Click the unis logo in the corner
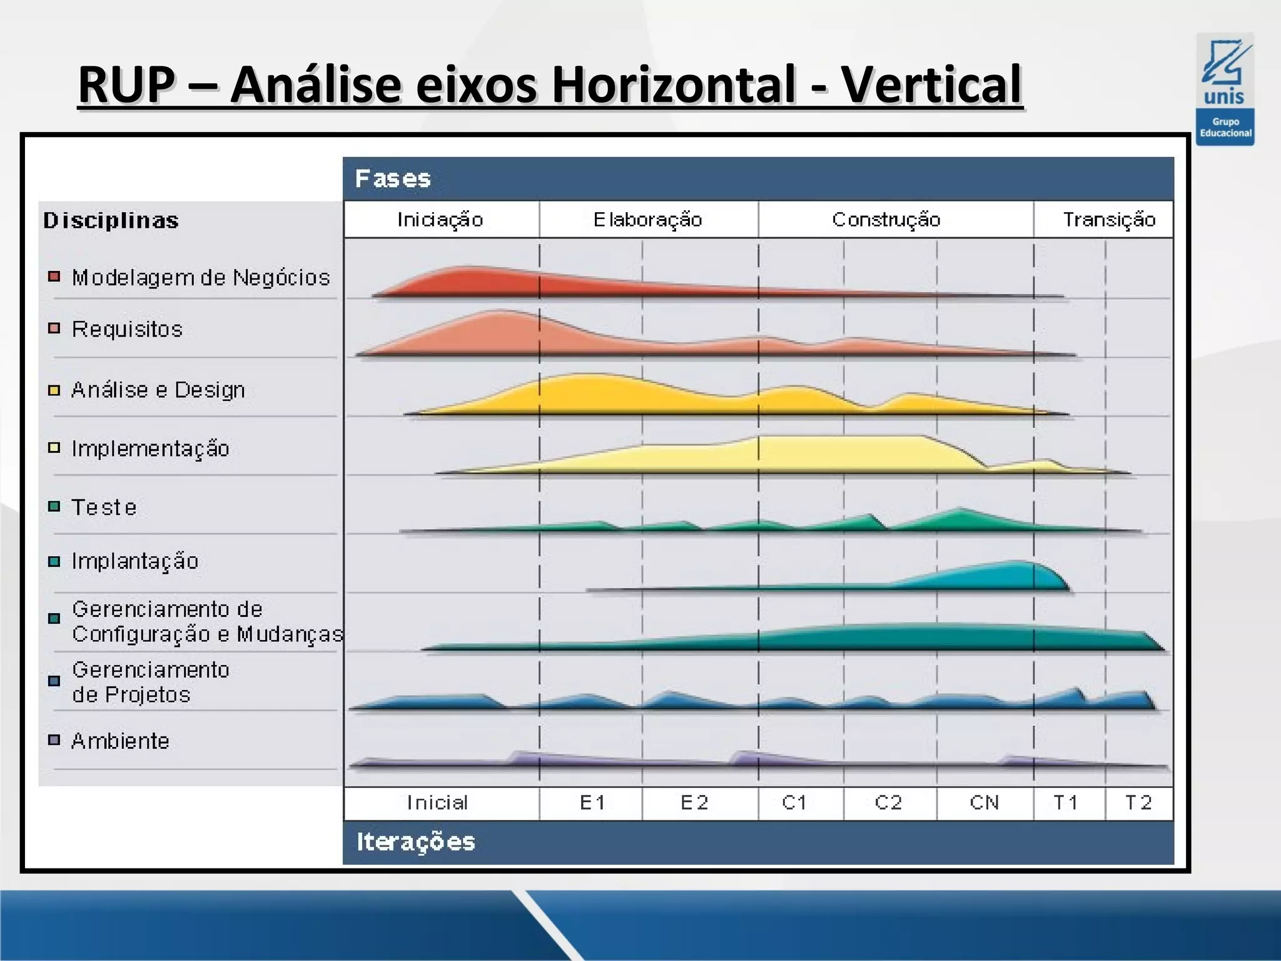pos(1225,89)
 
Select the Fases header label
pos(393,179)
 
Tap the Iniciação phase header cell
pos(440,220)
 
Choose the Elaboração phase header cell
pos(648,220)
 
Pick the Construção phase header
pos(886,220)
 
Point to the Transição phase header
pos(1108,220)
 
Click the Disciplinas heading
pos(111,220)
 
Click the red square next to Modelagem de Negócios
pos(54,276)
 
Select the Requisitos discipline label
pos(127,329)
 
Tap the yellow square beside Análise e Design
pos(54,390)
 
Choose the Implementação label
pos(150,449)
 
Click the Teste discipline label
pos(104,507)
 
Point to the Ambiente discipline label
pos(120,741)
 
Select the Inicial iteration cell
pos(437,803)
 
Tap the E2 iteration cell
pos(694,803)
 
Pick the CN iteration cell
pos(984,803)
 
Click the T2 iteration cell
pos(1138,803)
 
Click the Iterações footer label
pos(416,842)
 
